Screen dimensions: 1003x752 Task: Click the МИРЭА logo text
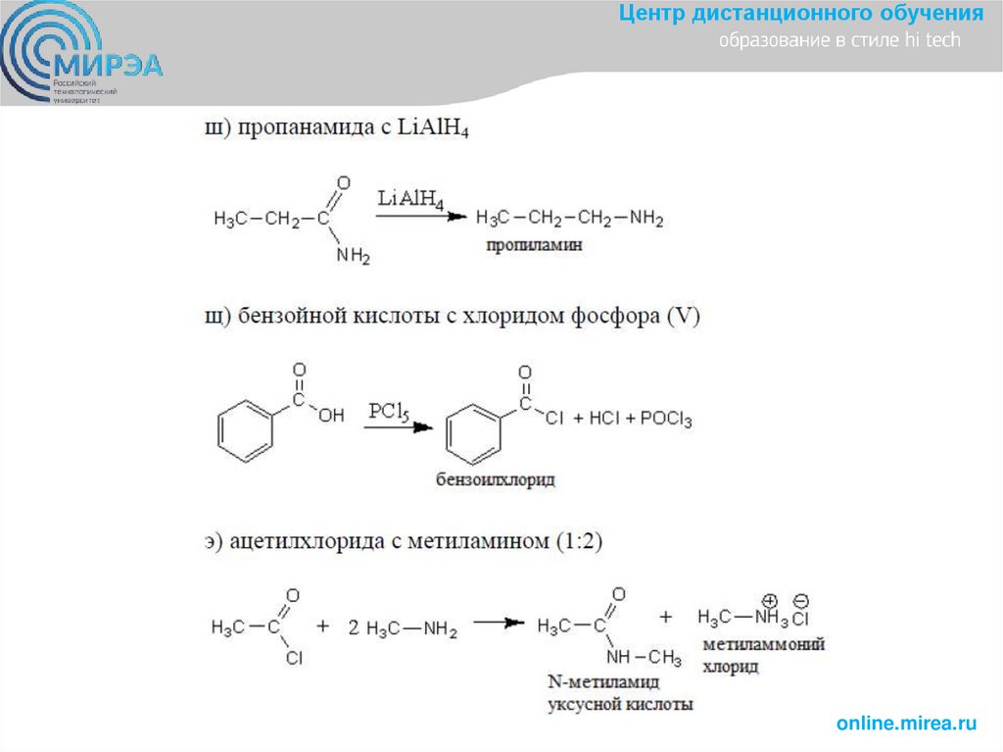tap(111, 66)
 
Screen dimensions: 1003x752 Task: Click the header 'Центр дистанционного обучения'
tap(800, 15)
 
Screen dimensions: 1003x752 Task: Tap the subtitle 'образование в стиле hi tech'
tap(839, 41)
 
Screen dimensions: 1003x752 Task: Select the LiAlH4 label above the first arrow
tap(409, 199)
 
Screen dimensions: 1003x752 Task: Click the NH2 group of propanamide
tap(353, 257)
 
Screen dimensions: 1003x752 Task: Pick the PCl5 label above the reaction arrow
tap(388, 412)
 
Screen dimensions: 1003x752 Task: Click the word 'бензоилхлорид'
tap(496, 479)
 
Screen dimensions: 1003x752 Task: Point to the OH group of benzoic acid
tap(331, 416)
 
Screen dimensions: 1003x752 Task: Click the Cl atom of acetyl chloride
tap(294, 659)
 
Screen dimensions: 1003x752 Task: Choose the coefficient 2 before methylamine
tap(354, 628)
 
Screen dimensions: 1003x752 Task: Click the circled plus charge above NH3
tap(769, 599)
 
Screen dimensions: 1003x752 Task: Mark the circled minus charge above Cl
tap(801, 599)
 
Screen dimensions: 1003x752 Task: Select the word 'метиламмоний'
tap(764, 644)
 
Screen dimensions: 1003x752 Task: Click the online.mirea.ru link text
tap(907, 724)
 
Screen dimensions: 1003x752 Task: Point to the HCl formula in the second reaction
tap(602, 420)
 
